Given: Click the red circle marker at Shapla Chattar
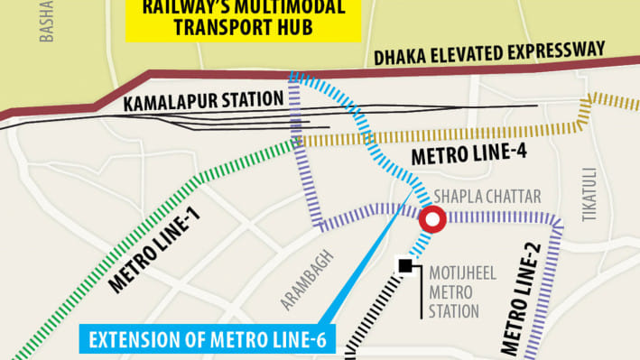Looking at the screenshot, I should pyautogui.click(x=433, y=218).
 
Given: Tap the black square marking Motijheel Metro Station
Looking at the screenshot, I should pyautogui.click(x=406, y=265).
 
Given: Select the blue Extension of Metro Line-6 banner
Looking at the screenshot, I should pyautogui.click(x=209, y=339).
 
